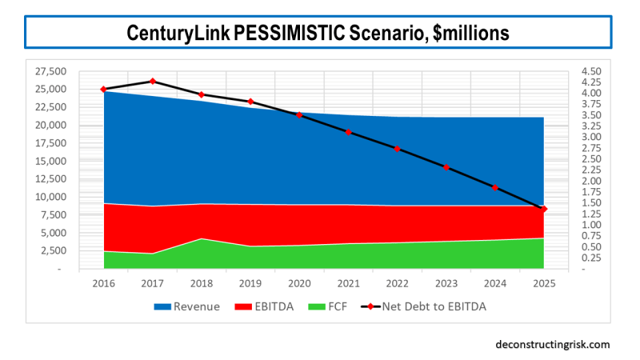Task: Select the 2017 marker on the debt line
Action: tap(153, 81)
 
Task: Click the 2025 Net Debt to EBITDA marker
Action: tap(544, 209)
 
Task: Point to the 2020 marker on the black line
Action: tap(299, 115)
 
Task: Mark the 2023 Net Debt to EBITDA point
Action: tap(446, 167)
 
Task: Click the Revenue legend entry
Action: tap(186, 306)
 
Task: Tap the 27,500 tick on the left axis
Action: tap(52, 70)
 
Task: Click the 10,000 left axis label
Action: tap(52, 197)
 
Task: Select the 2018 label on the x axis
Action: tap(202, 283)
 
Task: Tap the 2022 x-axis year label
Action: tap(397, 283)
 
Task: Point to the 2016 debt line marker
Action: tap(103, 89)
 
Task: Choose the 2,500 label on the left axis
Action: tap(54, 251)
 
